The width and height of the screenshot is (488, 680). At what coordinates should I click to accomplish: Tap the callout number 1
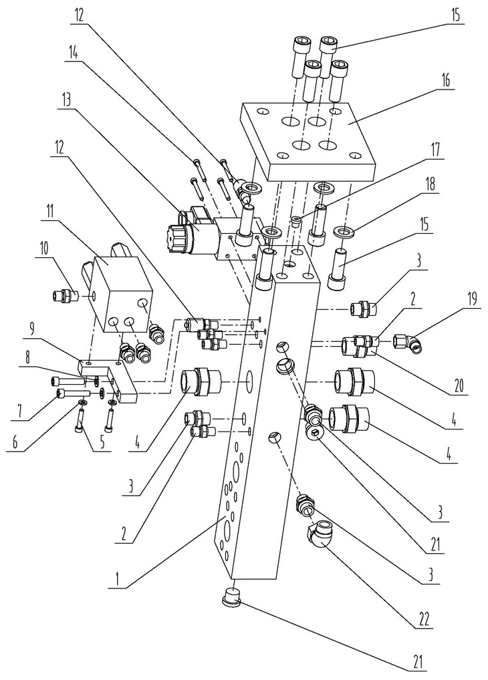coord(117,579)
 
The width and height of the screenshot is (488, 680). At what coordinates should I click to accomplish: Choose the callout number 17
coord(436,150)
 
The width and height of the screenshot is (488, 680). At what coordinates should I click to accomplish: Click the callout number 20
coord(458,385)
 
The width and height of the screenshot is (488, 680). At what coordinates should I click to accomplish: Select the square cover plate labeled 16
coord(307,142)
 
